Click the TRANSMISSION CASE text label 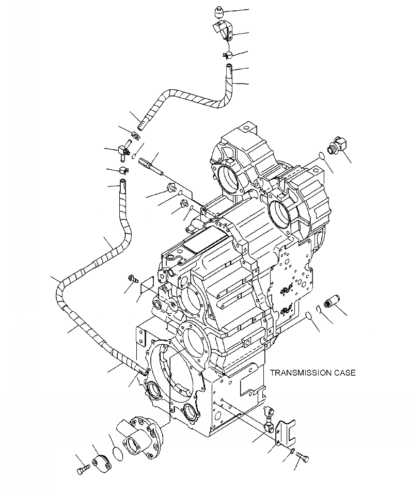(312, 373)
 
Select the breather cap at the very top (218, 11)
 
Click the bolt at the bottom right (303, 457)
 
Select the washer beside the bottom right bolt (292, 452)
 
